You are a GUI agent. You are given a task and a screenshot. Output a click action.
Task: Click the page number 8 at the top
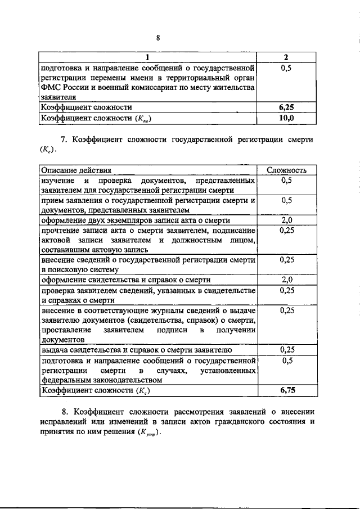tap(159, 38)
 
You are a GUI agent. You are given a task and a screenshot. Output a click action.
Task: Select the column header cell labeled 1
tap(147, 57)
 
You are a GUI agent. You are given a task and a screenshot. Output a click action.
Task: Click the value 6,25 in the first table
tap(286, 107)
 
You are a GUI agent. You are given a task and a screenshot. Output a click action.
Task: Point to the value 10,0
tap(286, 118)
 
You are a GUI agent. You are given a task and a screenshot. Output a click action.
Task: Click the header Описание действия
tap(75, 169)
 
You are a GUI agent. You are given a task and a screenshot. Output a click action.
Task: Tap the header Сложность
tap(287, 169)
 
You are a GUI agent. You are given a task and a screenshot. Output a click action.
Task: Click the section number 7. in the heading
tap(64, 139)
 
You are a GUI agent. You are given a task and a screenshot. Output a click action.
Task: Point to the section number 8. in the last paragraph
tap(64, 412)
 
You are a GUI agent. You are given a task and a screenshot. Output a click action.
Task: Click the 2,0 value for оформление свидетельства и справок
tap(287, 280)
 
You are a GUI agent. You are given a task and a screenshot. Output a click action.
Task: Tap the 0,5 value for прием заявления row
tap(287, 200)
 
